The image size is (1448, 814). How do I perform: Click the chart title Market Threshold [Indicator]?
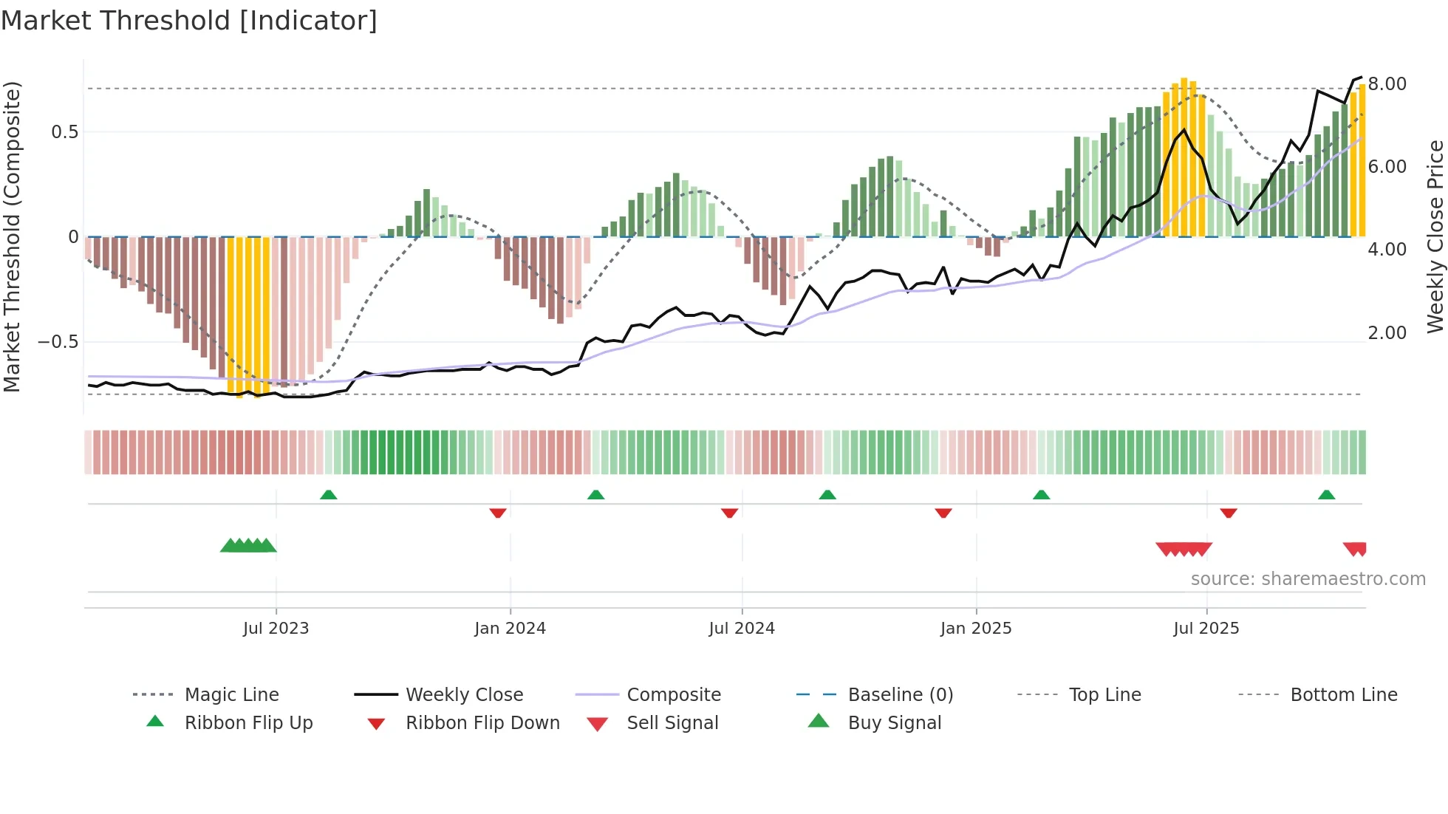[x=189, y=21]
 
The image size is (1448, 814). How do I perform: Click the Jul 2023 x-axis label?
[x=276, y=629]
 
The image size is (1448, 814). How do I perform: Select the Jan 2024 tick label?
[x=510, y=629]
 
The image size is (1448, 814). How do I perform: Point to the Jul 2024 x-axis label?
[x=742, y=629]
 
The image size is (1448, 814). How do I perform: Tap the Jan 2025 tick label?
[x=976, y=629]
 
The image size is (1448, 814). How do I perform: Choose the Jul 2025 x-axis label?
[x=1206, y=629]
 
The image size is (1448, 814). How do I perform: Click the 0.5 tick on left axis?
[x=64, y=132]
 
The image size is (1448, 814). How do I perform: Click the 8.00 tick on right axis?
[x=1387, y=84]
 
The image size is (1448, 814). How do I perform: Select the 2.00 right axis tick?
[x=1387, y=333]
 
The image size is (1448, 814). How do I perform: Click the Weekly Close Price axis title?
[x=1435, y=236]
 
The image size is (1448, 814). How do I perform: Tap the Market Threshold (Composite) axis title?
[x=12, y=236]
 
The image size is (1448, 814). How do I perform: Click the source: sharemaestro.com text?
[x=1308, y=579]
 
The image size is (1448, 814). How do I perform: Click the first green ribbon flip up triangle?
[x=329, y=495]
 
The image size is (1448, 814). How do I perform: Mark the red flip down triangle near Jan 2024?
[x=498, y=513]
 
